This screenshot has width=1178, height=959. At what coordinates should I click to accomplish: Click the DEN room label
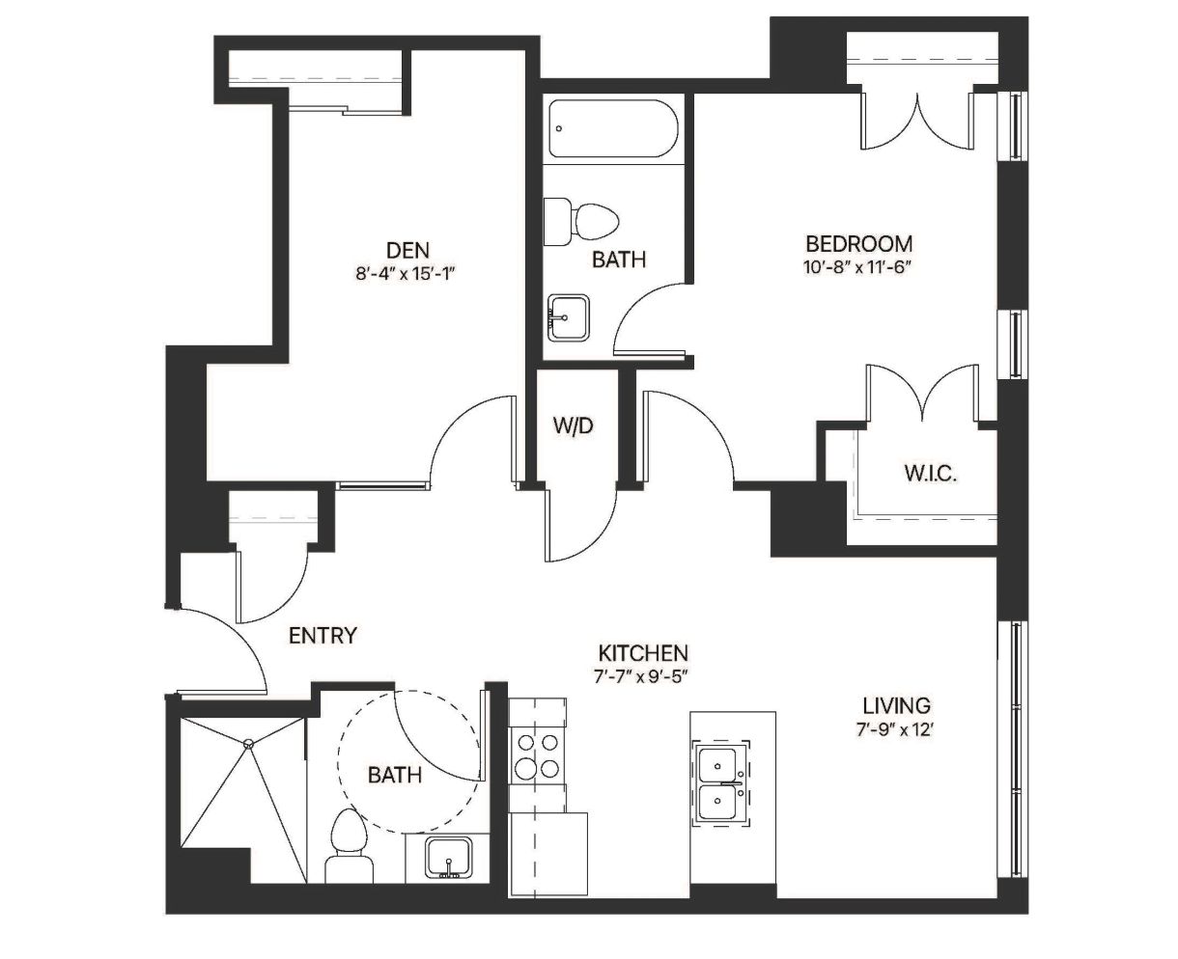pos(407,250)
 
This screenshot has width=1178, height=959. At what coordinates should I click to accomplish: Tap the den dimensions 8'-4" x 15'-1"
pos(407,273)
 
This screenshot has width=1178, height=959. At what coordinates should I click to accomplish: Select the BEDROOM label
pos(859,244)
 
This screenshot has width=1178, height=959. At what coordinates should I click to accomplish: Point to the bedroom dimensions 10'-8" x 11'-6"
pos(856,267)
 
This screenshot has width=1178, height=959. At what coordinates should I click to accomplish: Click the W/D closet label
pos(573,425)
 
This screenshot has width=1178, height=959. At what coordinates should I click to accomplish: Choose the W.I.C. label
pos(930,474)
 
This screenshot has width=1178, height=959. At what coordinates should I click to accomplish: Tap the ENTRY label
pos(323,636)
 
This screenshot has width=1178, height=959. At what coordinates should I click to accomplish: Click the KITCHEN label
pos(643,653)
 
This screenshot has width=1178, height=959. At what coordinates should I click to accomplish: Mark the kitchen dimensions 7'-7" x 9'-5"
pos(640,677)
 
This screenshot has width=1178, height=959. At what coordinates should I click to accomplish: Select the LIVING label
pos(896,705)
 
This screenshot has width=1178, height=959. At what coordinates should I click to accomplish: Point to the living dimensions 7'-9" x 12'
pos(895,729)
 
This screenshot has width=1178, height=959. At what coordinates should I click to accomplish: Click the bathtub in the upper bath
pos(613,128)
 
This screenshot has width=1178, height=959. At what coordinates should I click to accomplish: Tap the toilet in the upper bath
pos(581,222)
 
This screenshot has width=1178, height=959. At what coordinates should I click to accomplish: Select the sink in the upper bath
pos(568,317)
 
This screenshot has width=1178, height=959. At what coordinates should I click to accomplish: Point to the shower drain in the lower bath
pos(249,744)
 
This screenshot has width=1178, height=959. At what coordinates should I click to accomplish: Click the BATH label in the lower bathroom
pos(395,775)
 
